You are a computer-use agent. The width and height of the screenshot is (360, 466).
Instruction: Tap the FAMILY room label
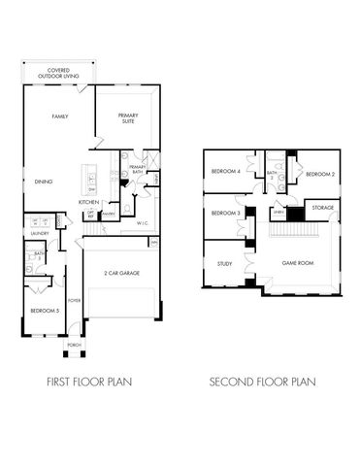click(x=40, y=116)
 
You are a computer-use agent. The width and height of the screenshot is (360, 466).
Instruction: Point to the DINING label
click(x=43, y=181)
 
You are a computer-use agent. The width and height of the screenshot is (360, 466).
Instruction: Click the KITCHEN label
click(x=89, y=202)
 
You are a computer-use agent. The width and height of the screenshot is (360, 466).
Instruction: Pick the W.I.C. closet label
click(x=143, y=223)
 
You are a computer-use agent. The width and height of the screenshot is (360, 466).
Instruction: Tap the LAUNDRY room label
click(x=40, y=233)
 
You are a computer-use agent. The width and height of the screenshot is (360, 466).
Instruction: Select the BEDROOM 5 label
click(x=40, y=310)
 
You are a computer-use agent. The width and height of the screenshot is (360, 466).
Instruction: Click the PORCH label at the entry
click(x=74, y=345)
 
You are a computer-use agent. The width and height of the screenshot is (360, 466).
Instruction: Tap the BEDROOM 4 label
click(x=226, y=172)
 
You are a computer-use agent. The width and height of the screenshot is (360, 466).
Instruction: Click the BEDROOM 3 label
click(x=226, y=213)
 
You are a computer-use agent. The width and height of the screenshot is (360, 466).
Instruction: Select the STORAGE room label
click(x=321, y=208)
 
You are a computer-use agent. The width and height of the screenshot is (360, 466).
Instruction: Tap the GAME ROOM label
click(x=296, y=263)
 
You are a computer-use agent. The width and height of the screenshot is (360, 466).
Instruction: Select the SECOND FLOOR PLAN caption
click(x=262, y=383)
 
